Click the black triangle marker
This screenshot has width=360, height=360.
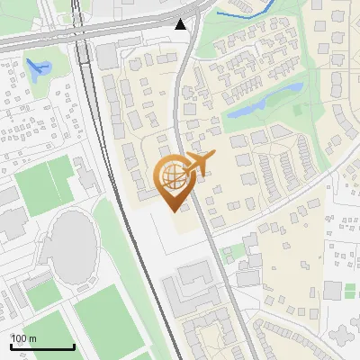coord(182,24)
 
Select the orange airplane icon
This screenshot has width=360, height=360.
coord(198,163)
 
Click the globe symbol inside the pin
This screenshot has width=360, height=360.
coord(172,175)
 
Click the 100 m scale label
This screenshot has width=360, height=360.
coord(24,338)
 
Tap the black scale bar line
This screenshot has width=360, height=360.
coord(42,347)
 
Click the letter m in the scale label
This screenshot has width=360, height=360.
coord(32,338)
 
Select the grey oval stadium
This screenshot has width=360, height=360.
coord(71,242)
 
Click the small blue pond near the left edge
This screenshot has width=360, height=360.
coord(37,67)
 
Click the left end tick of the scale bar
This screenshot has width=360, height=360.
coord(12,346)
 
